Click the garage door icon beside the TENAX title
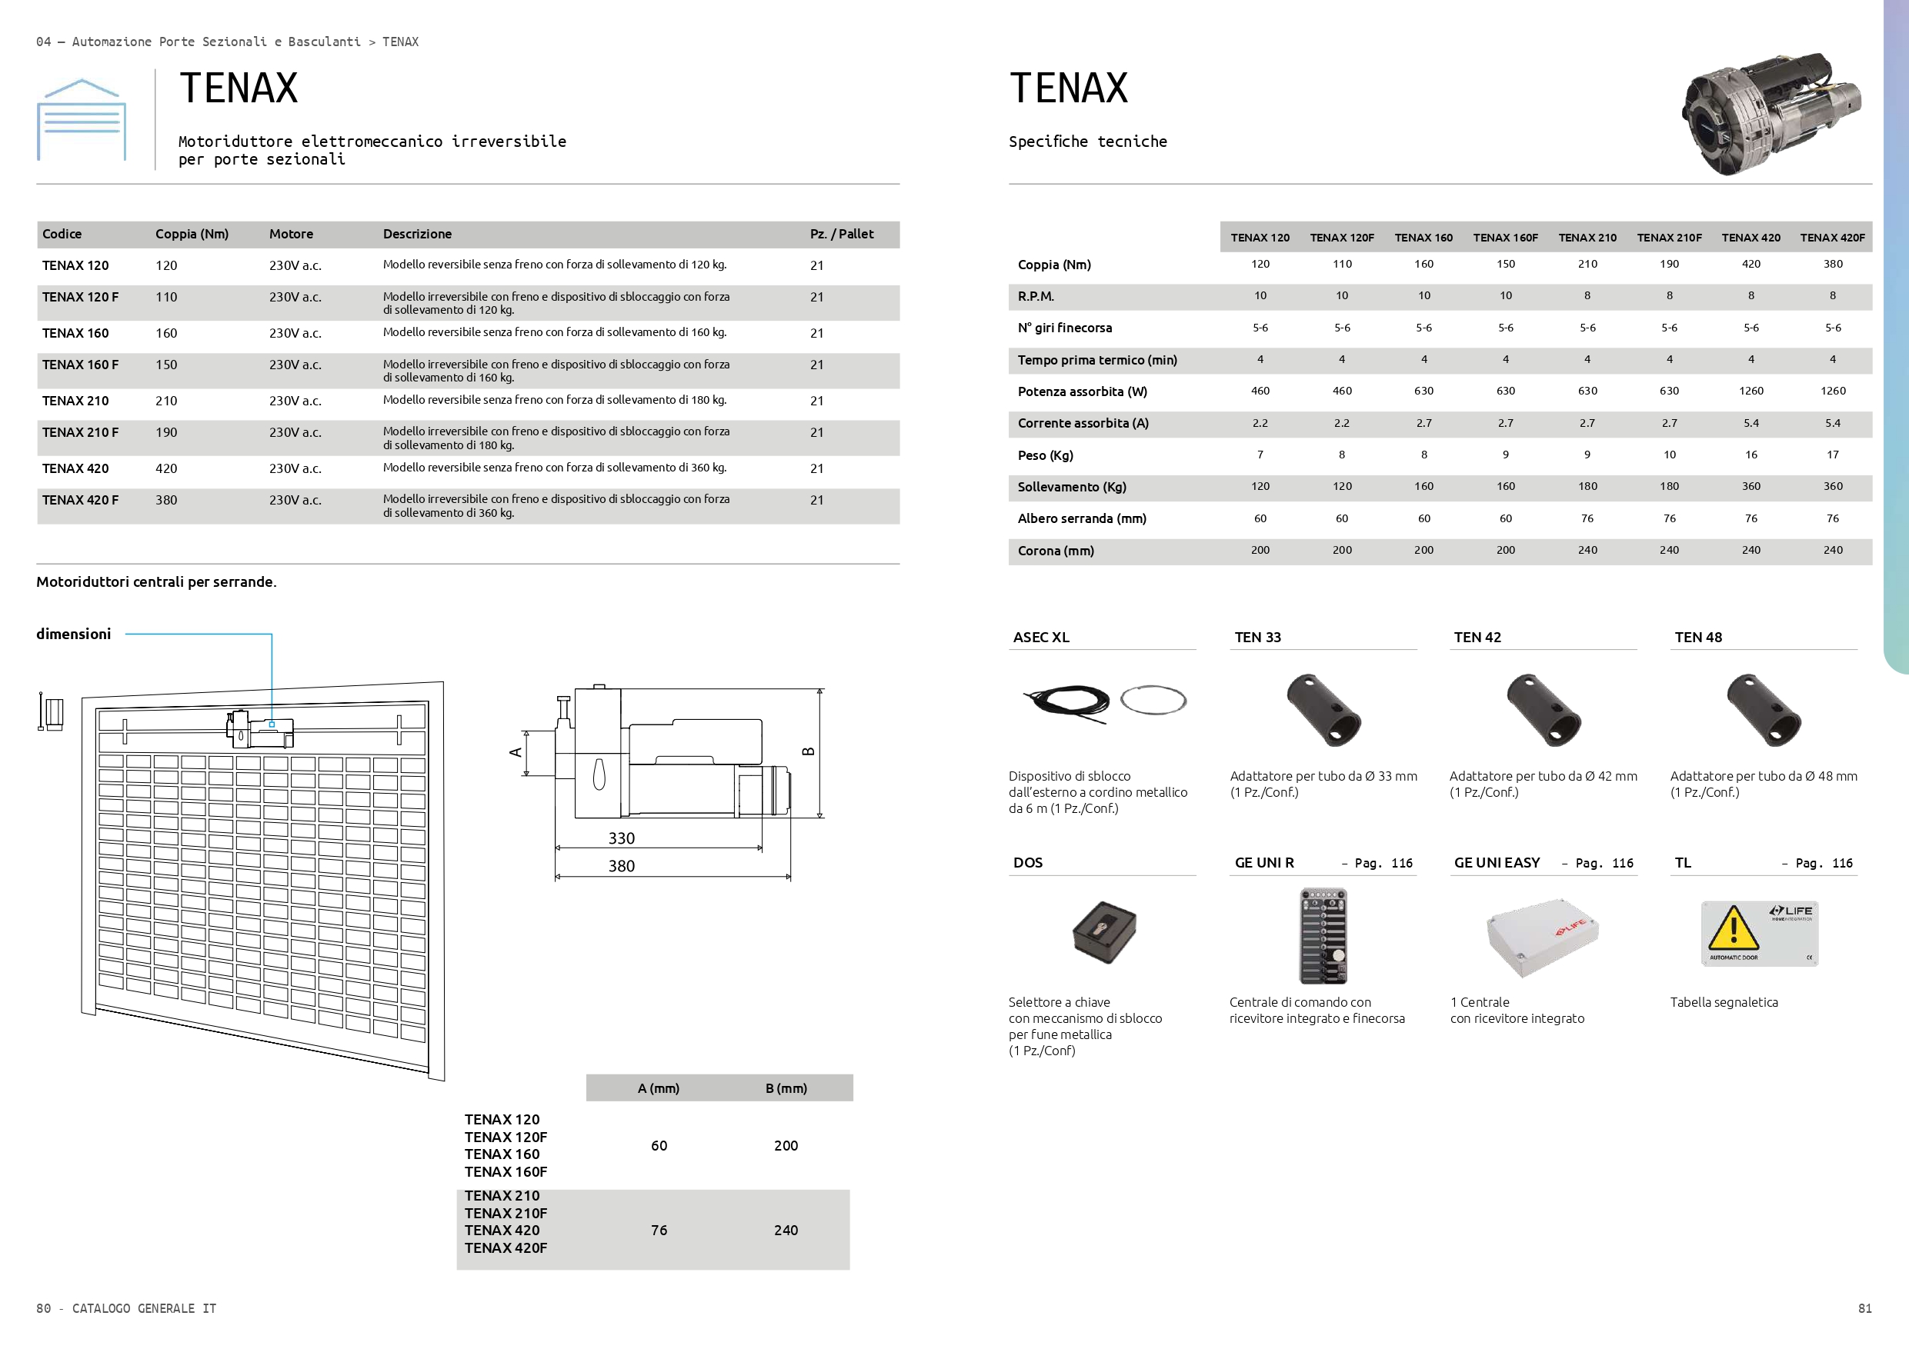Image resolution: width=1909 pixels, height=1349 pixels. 82,120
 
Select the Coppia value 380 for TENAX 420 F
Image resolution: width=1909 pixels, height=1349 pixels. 166,501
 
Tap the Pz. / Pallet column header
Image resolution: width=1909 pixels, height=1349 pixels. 842,235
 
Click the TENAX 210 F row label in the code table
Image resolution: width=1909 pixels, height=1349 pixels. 81,432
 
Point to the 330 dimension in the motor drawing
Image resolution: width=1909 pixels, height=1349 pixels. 621,838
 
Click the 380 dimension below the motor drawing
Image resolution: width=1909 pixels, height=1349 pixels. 621,866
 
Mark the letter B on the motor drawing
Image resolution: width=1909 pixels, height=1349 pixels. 808,751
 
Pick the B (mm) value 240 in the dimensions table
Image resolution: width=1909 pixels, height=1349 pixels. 786,1230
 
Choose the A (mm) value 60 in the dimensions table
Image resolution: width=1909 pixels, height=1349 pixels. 659,1145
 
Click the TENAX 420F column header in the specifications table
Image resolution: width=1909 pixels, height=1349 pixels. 1833,238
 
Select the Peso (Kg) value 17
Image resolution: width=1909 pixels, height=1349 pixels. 1833,455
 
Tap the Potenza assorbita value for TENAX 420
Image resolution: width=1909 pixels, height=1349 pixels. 1751,391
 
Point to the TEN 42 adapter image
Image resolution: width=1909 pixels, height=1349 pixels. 1544,711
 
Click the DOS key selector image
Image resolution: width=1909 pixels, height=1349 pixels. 1103,931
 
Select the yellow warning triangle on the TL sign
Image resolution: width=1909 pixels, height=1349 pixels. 1733,928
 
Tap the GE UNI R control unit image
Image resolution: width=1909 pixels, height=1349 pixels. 1323,936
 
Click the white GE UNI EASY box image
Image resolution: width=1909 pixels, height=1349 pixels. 1542,938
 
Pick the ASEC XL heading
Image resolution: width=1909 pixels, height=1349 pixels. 1041,638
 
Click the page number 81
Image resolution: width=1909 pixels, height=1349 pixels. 1865,1308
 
